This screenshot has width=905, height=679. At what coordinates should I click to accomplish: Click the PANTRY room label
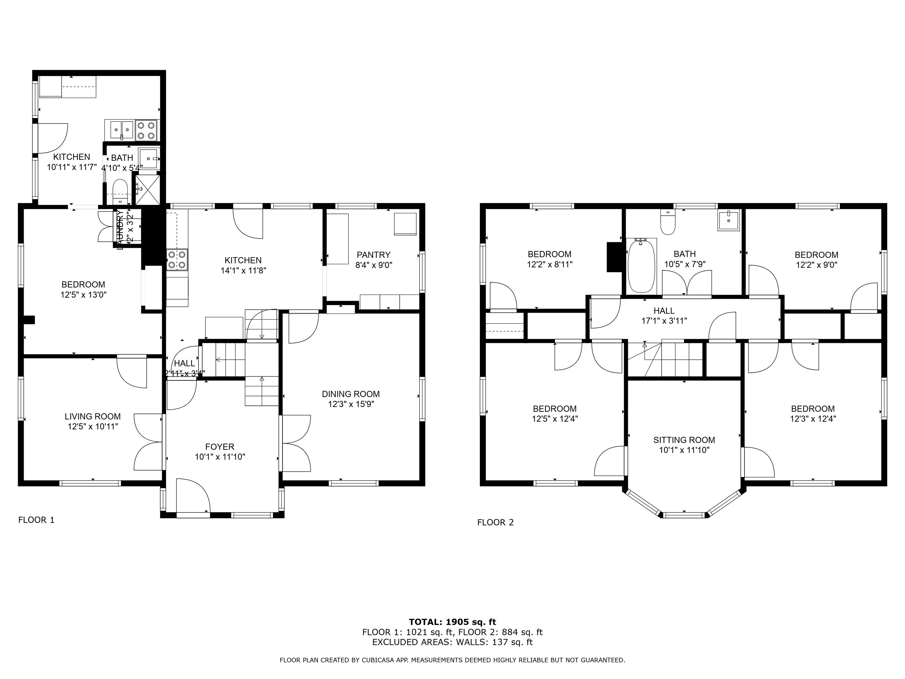click(373, 255)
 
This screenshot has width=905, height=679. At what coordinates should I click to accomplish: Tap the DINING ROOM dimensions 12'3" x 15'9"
click(351, 404)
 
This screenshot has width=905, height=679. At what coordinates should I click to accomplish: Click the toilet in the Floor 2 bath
click(668, 223)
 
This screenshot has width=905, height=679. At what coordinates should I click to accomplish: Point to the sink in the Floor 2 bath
click(729, 221)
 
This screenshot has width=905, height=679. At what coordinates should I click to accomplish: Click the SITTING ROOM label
click(684, 440)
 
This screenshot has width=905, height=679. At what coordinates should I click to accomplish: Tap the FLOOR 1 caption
click(37, 520)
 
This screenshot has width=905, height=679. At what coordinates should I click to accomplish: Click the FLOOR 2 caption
click(495, 523)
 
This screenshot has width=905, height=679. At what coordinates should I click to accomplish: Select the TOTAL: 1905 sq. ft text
click(452, 622)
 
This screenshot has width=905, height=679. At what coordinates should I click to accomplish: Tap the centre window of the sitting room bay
click(684, 515)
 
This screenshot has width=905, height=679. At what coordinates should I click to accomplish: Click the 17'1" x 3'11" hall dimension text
click(664, 321)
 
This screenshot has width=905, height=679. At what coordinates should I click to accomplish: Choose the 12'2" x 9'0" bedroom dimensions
click(816, 265)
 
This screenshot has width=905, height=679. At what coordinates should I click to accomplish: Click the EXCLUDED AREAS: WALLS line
click(452, 642)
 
